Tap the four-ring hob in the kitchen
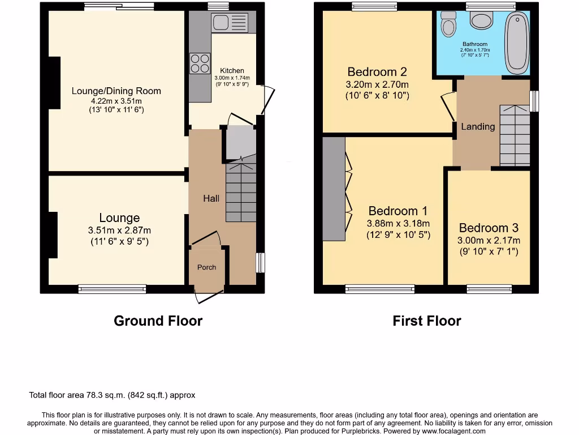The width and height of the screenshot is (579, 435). tap(199, 63)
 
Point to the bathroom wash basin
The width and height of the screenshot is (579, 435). tap(482, 20)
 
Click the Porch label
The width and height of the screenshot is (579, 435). tap(206, 267)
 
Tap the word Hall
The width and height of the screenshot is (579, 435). tap(211, 198)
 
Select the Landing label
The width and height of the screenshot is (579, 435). tap(478, 126)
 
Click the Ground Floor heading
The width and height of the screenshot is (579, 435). tap(158, 321)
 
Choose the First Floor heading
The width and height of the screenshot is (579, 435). tap(427, 321)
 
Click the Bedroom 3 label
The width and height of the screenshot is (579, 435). tap(489, 228)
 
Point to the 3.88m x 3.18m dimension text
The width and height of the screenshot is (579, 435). tap(398, 223)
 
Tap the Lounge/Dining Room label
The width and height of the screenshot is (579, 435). tap(116, 91)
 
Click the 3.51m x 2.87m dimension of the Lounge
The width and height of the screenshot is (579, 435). tap(119, 231)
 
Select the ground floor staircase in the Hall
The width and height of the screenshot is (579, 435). tap(241, 193)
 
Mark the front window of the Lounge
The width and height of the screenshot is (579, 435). tap(112, 289)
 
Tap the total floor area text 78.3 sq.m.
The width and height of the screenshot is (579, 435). tap(112, 395)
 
